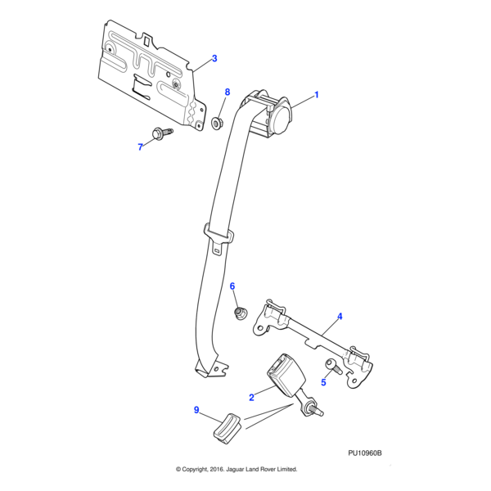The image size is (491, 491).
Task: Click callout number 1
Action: click(317, 94)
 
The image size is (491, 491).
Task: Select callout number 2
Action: click(251, 397)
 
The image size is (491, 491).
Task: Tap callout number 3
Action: click(214, 58)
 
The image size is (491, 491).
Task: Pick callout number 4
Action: click(340, 316)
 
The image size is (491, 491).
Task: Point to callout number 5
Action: click(323, 382)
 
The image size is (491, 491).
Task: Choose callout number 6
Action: click(232, 286)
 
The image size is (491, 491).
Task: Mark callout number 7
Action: click(140, 146)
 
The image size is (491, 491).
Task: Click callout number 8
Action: click(227, 92)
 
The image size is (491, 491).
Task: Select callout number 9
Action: click(196, 411)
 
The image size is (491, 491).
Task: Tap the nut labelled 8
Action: click(218, 124)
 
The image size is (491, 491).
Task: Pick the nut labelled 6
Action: click(241, 313)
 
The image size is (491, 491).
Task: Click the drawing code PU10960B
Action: click(365, 452)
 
